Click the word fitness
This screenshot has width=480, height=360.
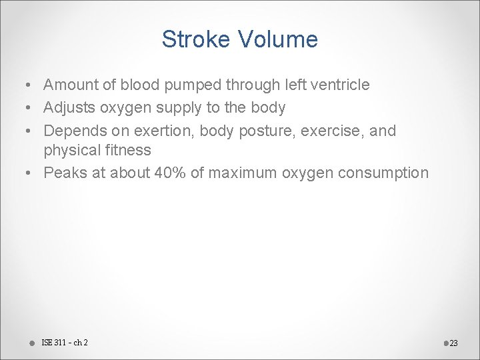127,150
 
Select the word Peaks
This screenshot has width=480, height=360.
63,173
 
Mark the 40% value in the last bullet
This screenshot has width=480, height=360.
174,173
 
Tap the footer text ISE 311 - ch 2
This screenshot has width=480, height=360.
65,343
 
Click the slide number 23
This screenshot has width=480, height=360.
454,343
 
